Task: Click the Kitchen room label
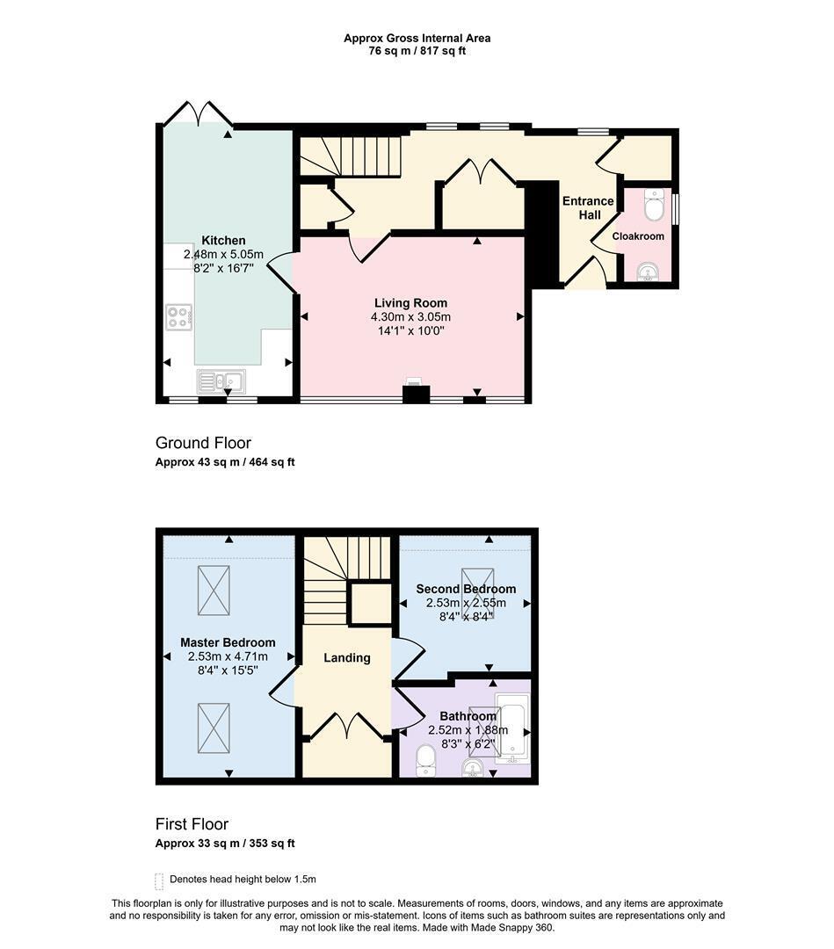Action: coord(223,240)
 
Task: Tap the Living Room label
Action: coord(410,303)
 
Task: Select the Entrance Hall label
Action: coord(588,207)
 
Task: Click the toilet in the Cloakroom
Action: coord(654,205)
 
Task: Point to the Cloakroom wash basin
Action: coord(649,272)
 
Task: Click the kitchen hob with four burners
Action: coord(179,317)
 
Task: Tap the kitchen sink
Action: coord(221,381)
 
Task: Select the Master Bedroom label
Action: coord(228,642)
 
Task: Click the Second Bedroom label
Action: coord(466,589)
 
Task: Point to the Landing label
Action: coord(347,658)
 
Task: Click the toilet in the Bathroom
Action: coord(426,759)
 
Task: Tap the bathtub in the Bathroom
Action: coord(513,727)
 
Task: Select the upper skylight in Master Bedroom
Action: coord(214,590)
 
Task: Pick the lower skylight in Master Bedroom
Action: coord(214,728)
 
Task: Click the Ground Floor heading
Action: coord(203,443)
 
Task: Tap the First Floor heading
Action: coord(192,824)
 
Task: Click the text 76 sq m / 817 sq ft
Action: coord(417,51)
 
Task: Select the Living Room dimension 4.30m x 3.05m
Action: coord(410,316)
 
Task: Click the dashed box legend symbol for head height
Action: coord(159,881)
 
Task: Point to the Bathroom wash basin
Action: coord(473,768)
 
